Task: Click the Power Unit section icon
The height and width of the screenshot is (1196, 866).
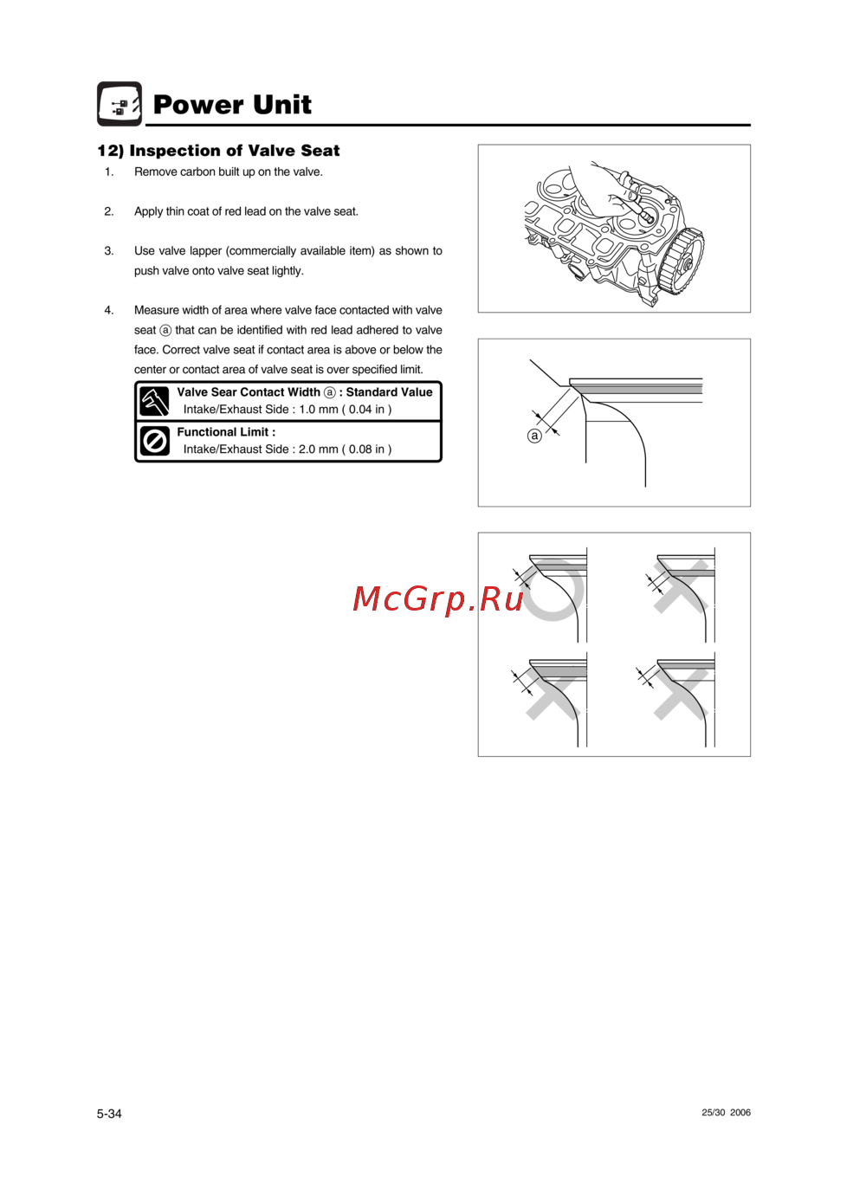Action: click(119, 104)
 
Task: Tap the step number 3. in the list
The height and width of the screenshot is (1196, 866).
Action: click(109, 251)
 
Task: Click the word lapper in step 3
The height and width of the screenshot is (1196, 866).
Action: click(206, 251)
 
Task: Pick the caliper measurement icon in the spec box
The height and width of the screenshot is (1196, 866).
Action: click(154, 402)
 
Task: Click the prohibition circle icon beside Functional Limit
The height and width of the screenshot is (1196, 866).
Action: click(154, 442)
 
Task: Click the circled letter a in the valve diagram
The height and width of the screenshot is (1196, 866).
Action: click(534, 436)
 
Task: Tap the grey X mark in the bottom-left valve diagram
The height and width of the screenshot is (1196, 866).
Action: click(553, 693)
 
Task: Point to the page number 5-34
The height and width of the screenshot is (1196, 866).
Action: click(109, 1114)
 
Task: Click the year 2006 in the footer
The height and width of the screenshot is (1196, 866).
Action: click(740, 1113)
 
